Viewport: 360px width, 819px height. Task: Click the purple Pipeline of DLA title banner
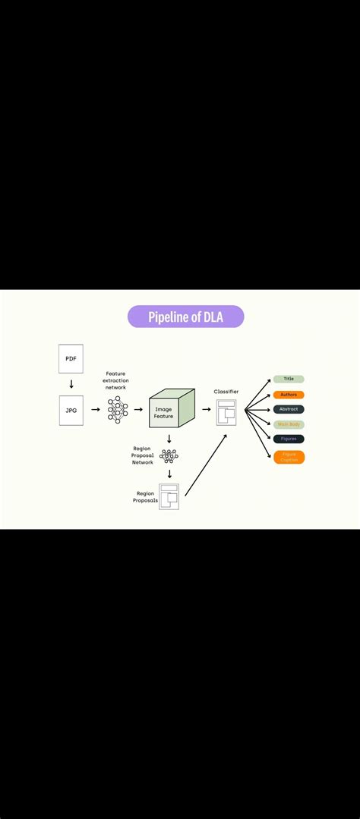click(185, 317)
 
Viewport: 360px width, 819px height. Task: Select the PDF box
click(71, 358)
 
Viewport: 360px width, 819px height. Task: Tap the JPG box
click(71, 410)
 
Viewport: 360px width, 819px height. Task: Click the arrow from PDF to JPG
click(71, 384)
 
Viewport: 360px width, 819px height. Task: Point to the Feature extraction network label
click(115, 381)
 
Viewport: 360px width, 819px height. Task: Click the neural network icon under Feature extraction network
click(117, 409)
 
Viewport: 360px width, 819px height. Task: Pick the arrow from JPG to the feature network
click(95, 409)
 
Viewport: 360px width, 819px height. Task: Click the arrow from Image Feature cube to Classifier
click(206, 409)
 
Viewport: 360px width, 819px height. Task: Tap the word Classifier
click(226, 392)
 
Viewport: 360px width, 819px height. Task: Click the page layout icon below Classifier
click(226, 412)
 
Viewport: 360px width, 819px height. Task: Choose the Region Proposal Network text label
click(142, 455)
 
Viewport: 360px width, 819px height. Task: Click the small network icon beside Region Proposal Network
click(169, 456)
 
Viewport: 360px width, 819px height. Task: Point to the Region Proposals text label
click(145, 497)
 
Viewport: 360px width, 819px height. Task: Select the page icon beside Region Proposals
click(169, 496)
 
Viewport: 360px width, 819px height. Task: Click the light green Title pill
click(289, 379)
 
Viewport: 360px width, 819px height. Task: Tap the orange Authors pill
click(289, 395)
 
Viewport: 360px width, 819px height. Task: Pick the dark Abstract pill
click(289, 409)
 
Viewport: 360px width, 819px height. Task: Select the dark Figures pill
click(289, 439)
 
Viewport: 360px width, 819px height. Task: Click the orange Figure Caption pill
click(289, 457)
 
